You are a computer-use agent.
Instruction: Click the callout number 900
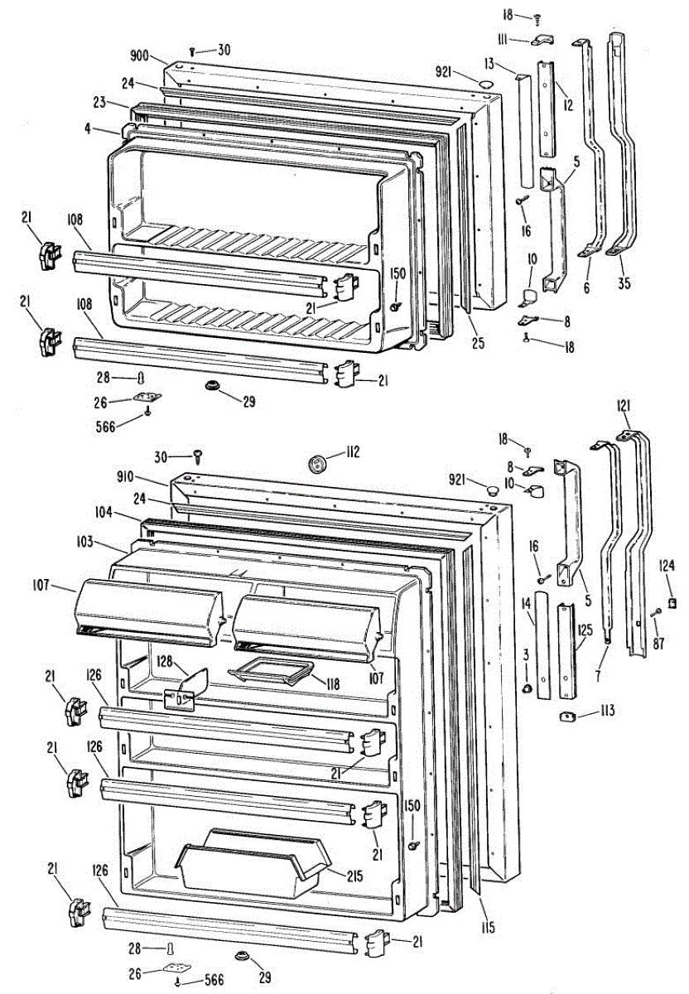(138, 55)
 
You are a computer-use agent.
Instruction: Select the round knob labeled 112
(316, 462)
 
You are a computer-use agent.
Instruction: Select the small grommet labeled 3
(526, 689)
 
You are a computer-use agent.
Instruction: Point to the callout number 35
(624, 284)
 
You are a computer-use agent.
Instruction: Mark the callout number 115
(488, 928)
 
